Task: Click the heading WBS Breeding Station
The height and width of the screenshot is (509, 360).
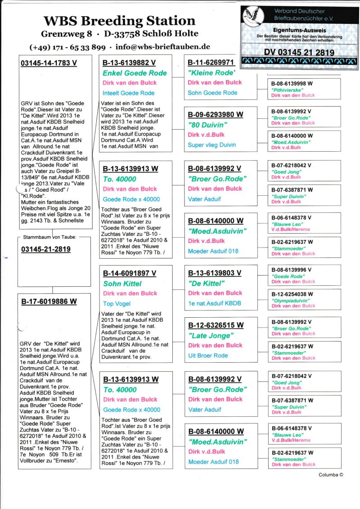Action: tap(119, 21)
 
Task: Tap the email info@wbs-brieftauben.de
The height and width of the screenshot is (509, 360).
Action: tap(162, 47)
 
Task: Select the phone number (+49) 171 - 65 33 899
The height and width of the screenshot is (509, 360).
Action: tap(67, 47)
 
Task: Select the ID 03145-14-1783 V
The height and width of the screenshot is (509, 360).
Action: tap(49, 63)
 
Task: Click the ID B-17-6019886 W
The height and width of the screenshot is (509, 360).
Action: tap(49, 301)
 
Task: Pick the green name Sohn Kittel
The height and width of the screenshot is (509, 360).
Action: tap(122, 284)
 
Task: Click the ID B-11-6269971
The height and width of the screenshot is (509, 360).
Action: tap(211, 62)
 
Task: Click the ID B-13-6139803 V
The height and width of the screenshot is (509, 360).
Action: tap(215, 273)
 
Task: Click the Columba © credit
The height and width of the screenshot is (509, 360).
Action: tap(331, 474)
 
